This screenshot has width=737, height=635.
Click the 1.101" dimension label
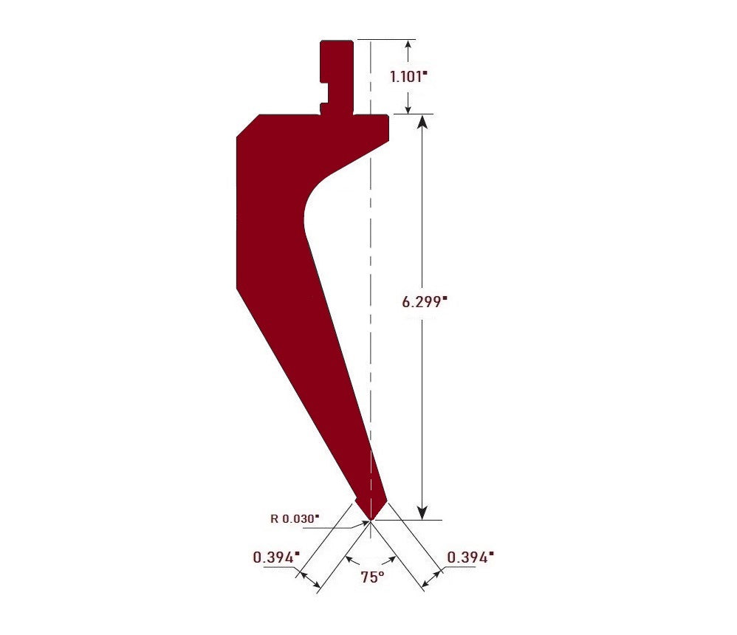click(x=408, y=76)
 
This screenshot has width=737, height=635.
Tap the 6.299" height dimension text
click(x=424, y=301)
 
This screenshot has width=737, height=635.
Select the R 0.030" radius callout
click(x=295, y=518)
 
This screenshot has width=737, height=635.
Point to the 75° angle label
click(x=372, y=577)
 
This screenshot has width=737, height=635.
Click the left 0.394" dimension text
click(x=276, y=557)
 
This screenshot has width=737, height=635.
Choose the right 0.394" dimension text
click(x=470, y=557)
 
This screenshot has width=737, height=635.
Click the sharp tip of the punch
click(x=371, y=520)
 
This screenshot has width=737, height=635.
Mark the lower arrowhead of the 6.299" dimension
click(x=422, y=512)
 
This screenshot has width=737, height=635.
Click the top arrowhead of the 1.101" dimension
click(x=408, y=44)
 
